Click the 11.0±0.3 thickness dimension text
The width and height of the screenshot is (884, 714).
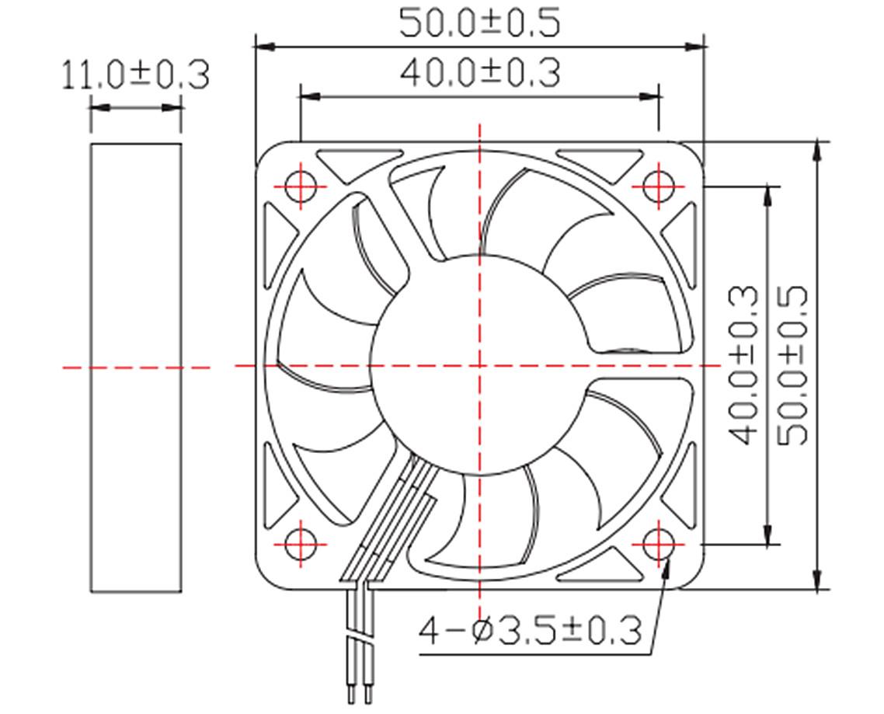[135, 76]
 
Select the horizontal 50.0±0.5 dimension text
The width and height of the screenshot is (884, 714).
[479, 23]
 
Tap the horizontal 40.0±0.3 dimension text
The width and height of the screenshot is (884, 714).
[479, 73]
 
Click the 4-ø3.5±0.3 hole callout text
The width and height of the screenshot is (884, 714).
[531, 630]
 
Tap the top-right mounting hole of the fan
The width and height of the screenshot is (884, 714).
[658, 186]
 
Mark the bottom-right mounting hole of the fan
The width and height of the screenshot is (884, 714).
[658, 544]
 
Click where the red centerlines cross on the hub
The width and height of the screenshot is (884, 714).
[479, 365]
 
